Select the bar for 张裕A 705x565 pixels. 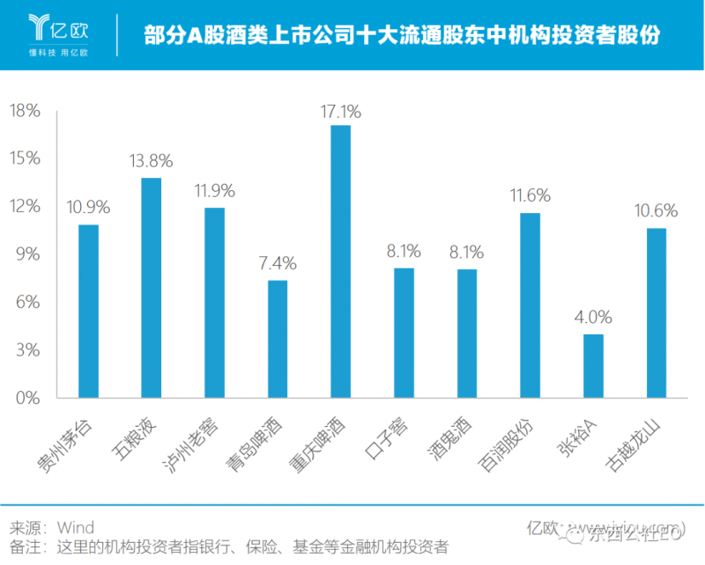coord(593,366)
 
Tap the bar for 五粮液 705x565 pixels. coord(152,288)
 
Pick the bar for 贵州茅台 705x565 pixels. coord(88,311)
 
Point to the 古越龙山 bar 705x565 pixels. coord(656,313)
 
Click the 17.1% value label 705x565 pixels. coord(341,112)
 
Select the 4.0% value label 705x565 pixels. coord(593,318)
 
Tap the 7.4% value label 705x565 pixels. coord(278,263)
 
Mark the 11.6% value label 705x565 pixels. coord(530,195)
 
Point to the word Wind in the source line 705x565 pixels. coord(76,528)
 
